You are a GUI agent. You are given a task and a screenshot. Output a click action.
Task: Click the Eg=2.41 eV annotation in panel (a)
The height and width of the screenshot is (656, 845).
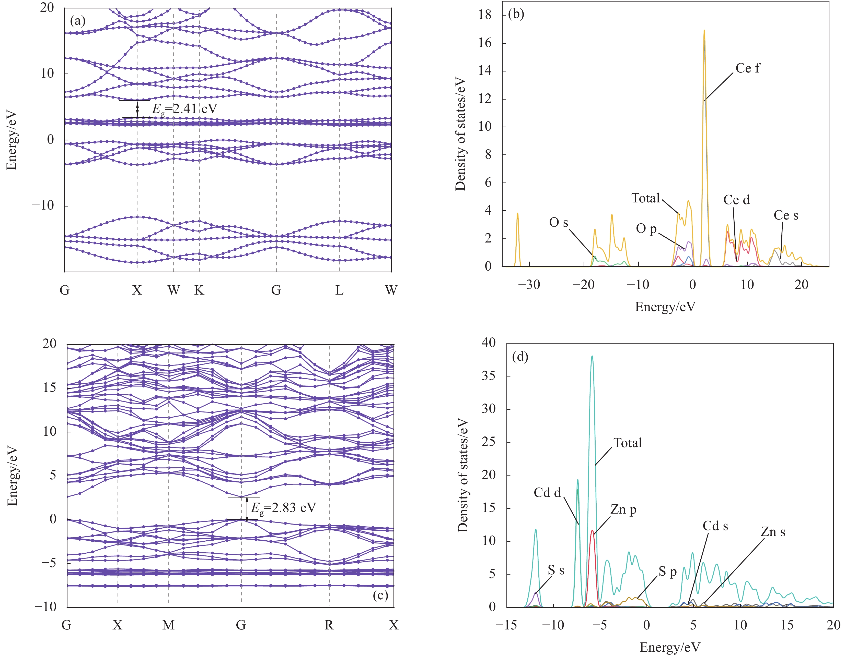click(x=184, y=109)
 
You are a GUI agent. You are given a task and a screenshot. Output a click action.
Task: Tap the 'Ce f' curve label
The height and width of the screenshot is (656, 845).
click(x=747, y=68)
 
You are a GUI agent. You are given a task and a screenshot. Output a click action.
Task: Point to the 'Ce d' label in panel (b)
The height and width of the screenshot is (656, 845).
click(x=736, y=200)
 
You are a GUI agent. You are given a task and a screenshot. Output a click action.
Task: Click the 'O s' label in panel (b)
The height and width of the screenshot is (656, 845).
click(x=558, y=222)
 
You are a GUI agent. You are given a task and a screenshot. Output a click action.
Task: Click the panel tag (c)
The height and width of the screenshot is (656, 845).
click(x=380, y=595)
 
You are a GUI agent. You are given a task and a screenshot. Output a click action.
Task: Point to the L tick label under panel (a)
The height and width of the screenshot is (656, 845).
click(x=339, y=290)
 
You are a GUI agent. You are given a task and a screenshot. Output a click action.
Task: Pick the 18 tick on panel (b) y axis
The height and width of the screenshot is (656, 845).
click(x=485, y=15)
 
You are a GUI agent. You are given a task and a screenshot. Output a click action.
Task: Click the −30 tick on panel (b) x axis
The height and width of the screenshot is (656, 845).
click(x=529, y=285)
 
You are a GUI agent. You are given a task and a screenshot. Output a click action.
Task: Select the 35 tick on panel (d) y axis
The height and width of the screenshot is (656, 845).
click(x=488, y=376)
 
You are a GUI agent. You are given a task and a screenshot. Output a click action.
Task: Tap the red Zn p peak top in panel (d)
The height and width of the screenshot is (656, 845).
click(x=592, y=531)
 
